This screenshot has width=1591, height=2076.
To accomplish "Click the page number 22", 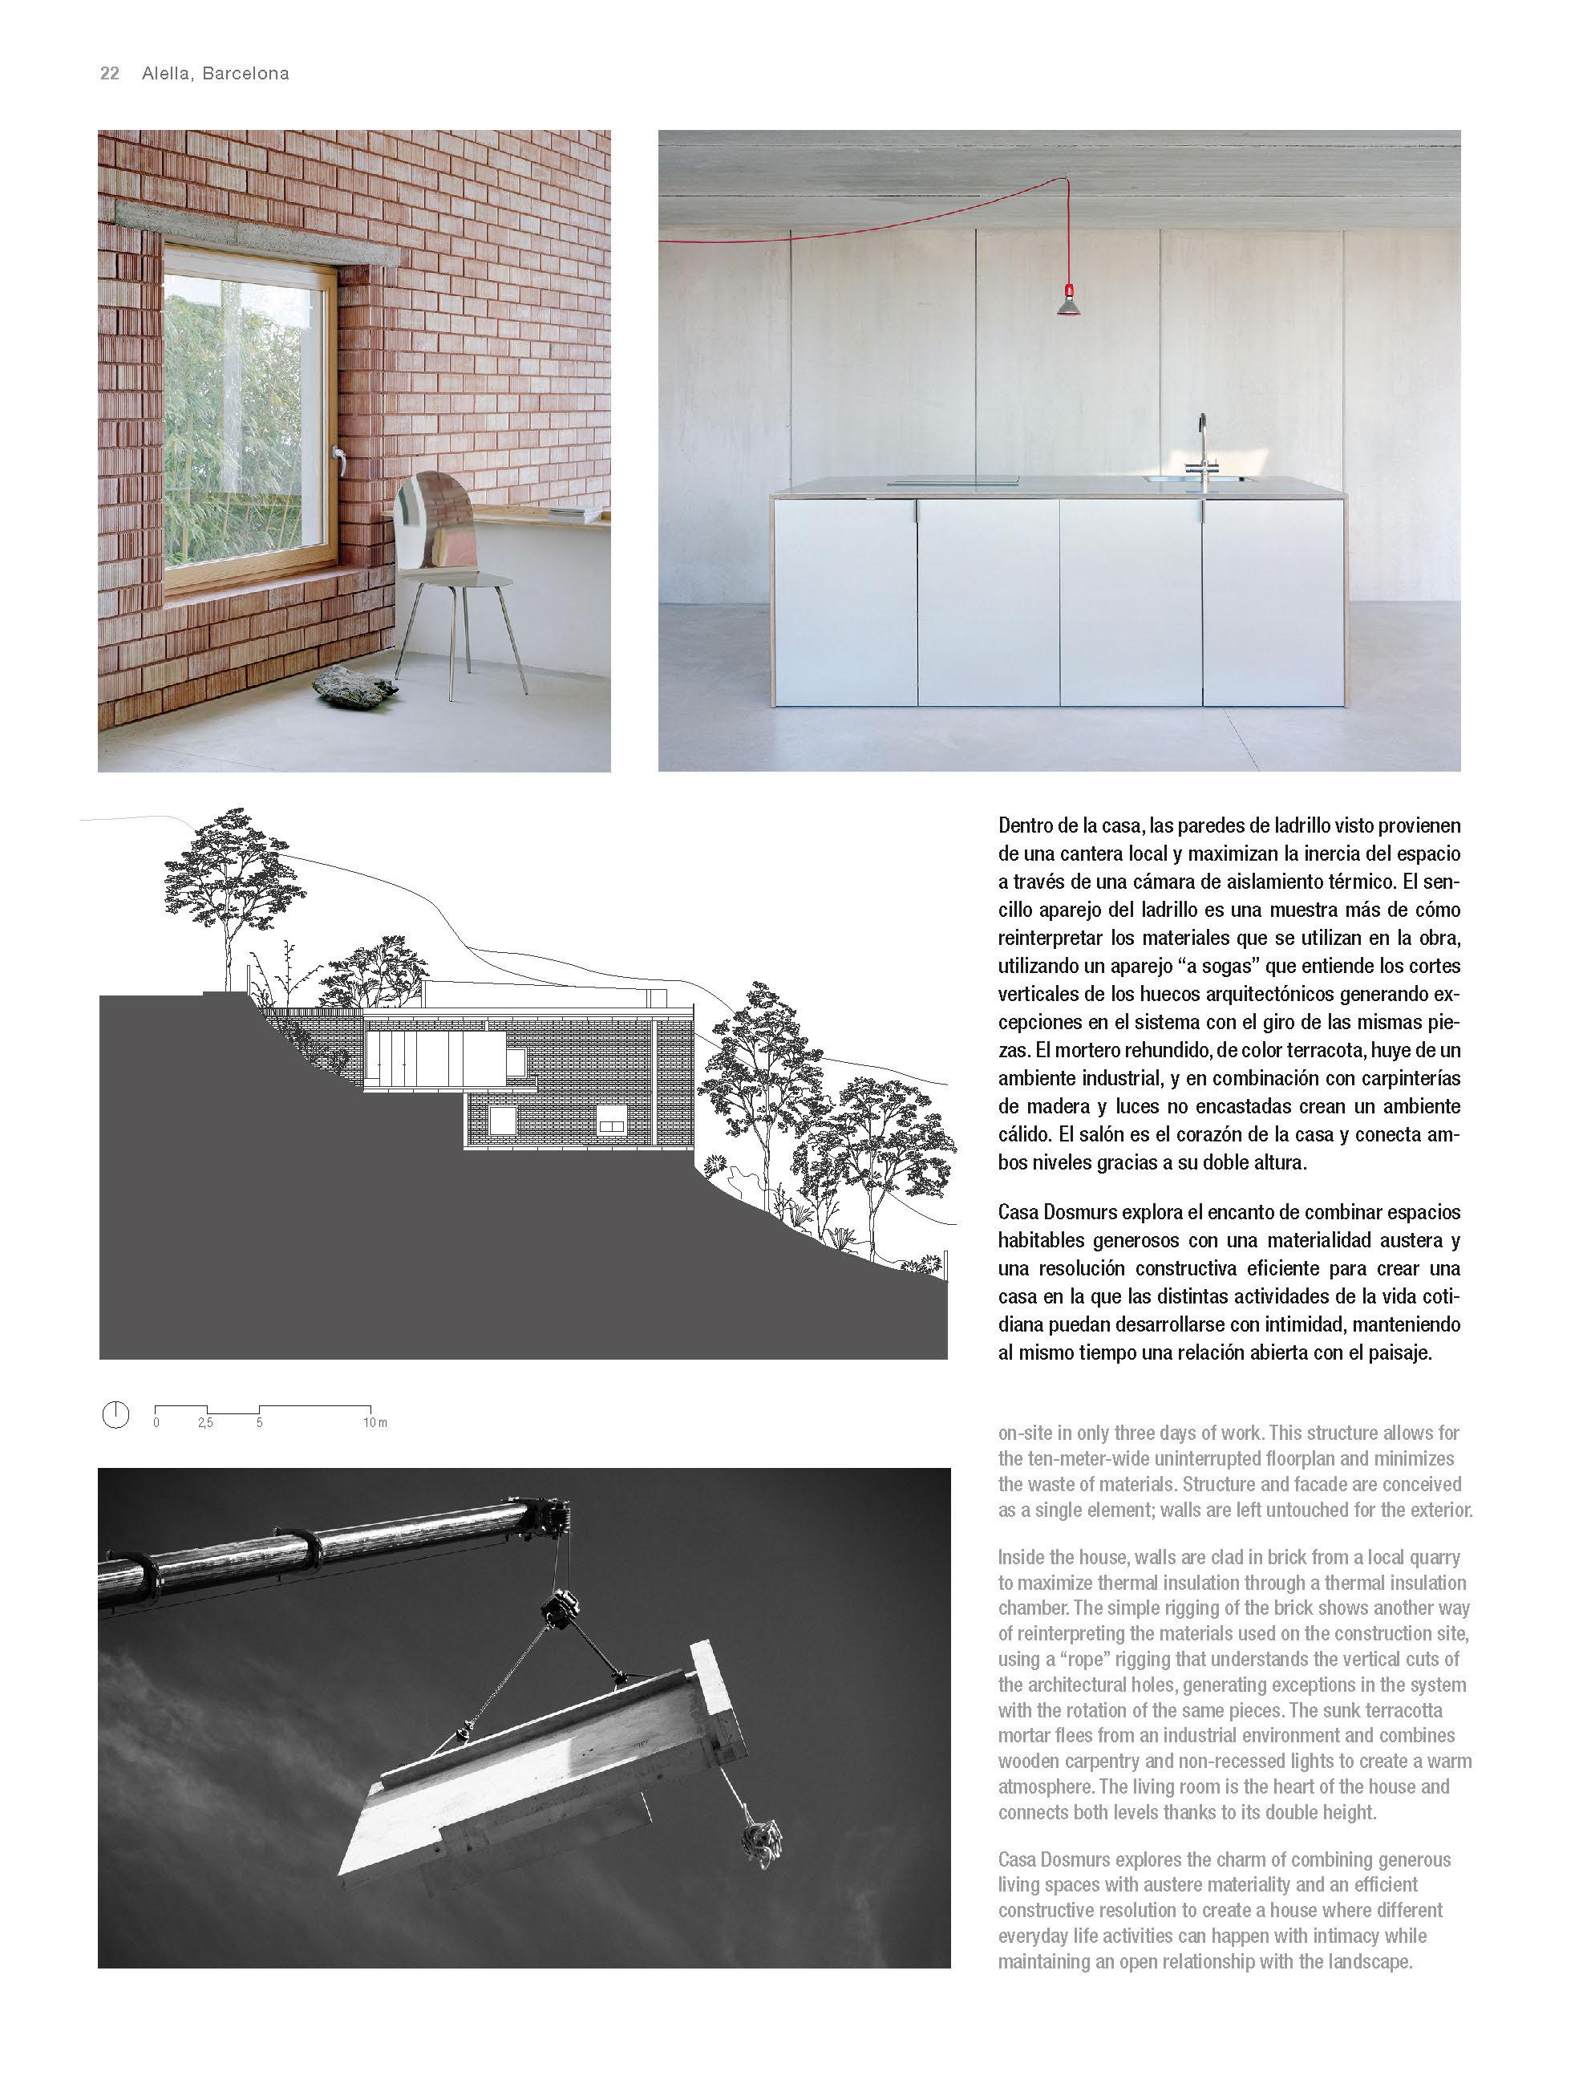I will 109,74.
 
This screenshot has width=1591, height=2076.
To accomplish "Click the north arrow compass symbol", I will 115,1415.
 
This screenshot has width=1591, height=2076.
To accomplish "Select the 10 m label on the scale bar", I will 375,1422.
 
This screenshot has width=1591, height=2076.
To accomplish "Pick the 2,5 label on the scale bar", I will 205,1422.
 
